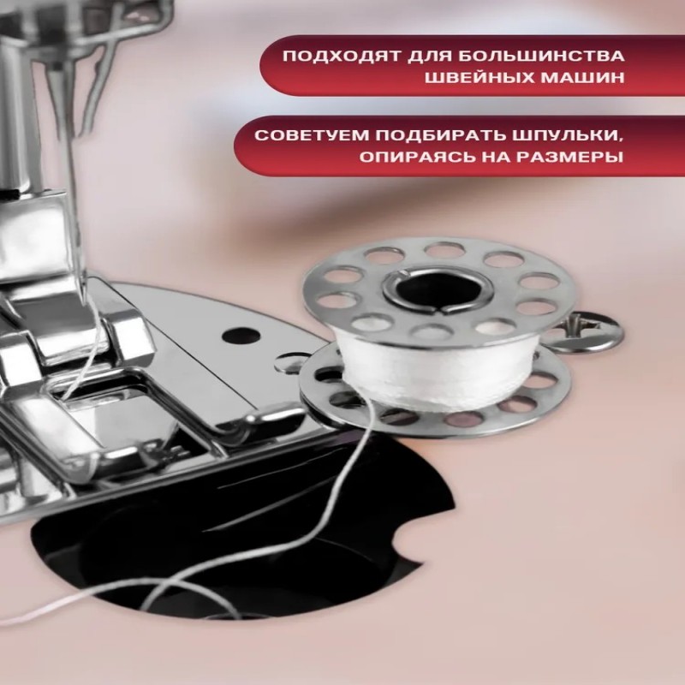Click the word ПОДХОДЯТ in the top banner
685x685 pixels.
pos(342,57)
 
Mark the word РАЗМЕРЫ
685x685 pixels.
pos(570,157)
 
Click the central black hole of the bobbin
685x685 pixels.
pos(438,289)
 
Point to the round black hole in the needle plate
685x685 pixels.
pos(241,336)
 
